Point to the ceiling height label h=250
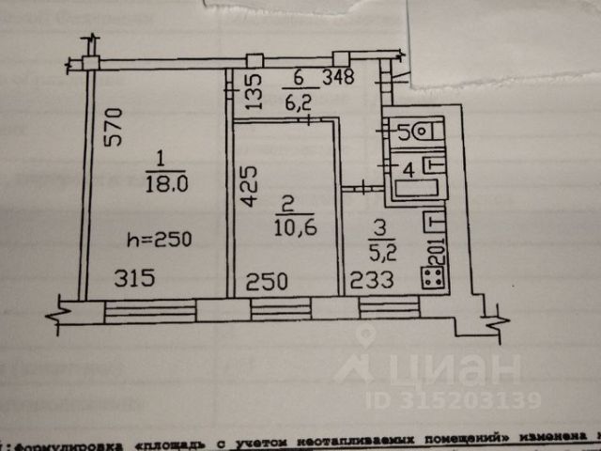point(159,240)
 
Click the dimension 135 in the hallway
point(252,93)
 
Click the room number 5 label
point(403,132)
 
